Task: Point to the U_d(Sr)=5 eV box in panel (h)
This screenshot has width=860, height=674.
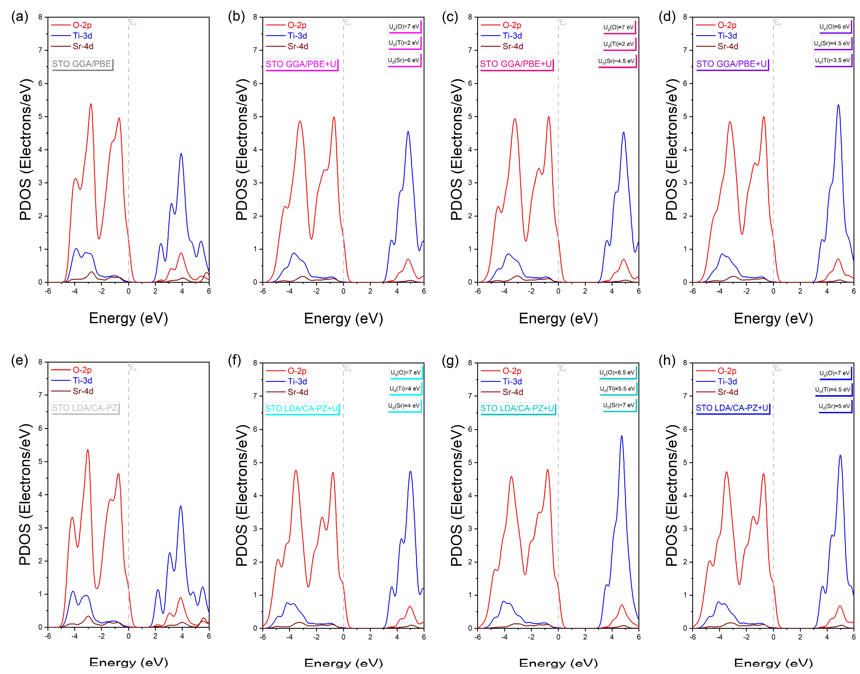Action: click(834, 406)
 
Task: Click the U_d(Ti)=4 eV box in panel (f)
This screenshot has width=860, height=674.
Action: click(405, 389)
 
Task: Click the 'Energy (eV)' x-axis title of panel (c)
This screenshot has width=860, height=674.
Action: click(558, 318)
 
